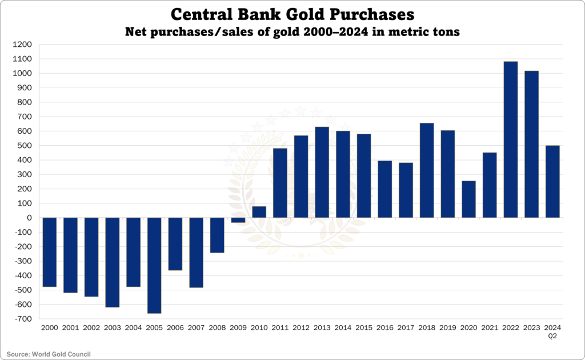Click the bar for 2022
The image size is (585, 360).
coord(510,139)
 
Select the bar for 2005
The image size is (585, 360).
coord(154,265)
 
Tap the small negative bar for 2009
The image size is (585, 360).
coord(238,220)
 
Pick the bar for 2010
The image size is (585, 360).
coord(259,212)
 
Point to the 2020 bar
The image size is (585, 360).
coord(468,199)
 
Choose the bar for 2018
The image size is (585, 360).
coord(427,170)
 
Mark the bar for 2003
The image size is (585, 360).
coord(112,262)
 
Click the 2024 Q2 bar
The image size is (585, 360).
coord(552,182)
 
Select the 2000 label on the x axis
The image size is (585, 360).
coord(49,328)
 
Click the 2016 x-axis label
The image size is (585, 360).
coord(384,328)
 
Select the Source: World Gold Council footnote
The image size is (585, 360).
coord(49,354)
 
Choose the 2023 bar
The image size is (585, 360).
coord(531,144)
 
